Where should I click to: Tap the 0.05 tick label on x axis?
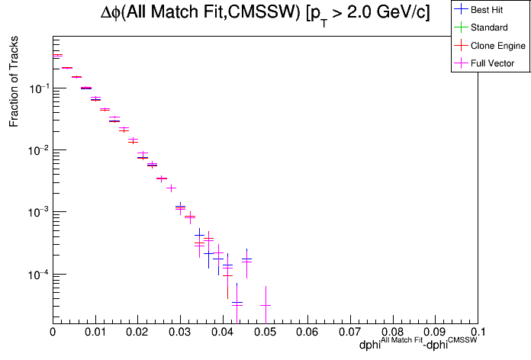(265, 333)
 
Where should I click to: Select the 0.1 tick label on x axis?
(478, 333)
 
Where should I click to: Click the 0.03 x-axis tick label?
(180, 333)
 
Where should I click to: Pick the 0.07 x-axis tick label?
(350, 333)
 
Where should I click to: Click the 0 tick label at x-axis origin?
(53, 333)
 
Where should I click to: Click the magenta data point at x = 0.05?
(265, 305)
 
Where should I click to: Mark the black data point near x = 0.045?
(246, 260)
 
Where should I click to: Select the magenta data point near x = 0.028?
(171, 188)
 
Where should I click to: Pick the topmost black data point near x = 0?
(57, 56)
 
